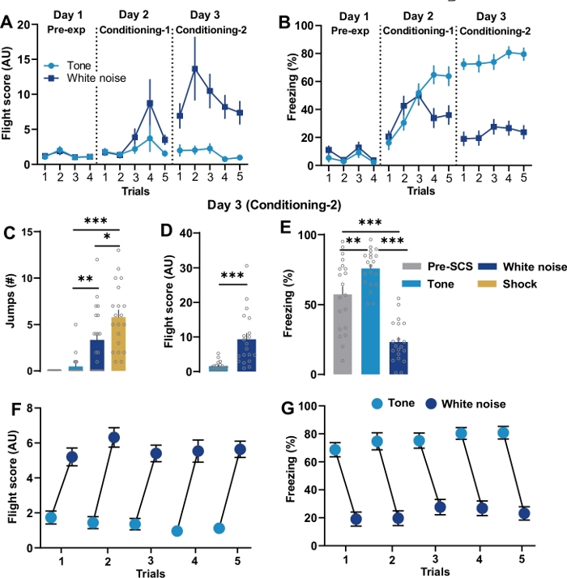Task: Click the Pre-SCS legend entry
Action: [x=429, y=265]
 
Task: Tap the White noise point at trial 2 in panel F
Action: [x=114, y=438]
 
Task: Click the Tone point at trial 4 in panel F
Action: [x=177, y=531]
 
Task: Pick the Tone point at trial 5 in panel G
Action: [x=504, y=433]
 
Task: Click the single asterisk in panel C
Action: [x=104, y=238]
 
